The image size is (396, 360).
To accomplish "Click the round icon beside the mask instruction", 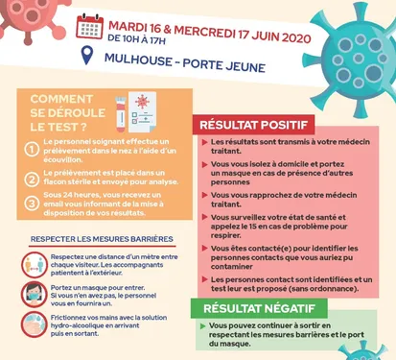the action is pyautogui.click(x=31, y=293).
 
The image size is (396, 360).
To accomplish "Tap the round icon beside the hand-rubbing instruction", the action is pyautogui.click(x=31, y=324).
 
